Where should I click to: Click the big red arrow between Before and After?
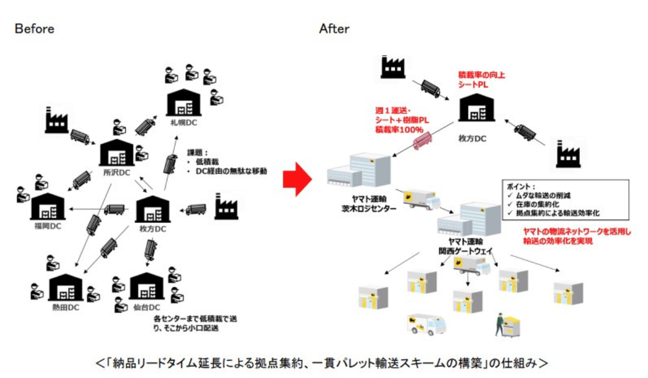[297, 179]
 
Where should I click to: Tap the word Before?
[35, 29]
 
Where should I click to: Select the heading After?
[334, 29]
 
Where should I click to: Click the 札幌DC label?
[184, 123]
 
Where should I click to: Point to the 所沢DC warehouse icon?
[117, 152]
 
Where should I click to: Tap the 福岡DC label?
[48, 226]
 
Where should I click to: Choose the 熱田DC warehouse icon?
[66, 287]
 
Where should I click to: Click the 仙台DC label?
[147, 307]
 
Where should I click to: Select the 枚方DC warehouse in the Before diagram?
[153, 209]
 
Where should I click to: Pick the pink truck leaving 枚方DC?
[423, 141]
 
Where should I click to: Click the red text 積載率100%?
[399, 130]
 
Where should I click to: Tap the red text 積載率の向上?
[482, 75]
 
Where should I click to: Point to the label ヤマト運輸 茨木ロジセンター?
[369, 204]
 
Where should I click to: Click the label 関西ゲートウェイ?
[465, 251]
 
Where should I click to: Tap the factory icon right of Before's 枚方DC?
[226, 206]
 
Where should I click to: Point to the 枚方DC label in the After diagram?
[473, 139]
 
